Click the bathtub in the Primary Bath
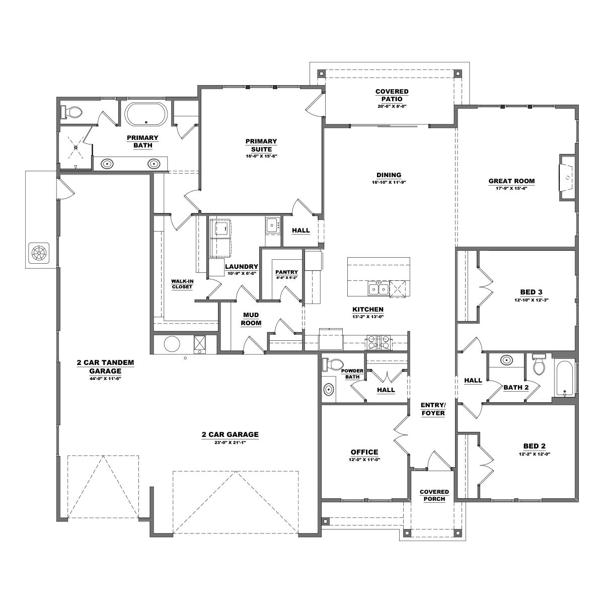tap(146, 114)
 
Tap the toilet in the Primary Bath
tap(71, 112)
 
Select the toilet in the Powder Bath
tap(333, 364)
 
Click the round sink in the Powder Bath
tap(328, 390)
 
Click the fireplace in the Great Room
tap(568, 177)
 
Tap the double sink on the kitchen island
tap(379, 288)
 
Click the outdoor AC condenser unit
tap(39, 253)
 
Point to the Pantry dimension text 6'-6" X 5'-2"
tap(286, 278)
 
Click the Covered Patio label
tap(392, 95)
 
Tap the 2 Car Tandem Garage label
tap(105, 367)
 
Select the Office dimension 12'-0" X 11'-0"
tap(364, 460)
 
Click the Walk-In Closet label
tap(182, 284)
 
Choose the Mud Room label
tap(251, 319)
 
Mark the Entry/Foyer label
tap(433, 409)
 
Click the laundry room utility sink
tap(272, 225)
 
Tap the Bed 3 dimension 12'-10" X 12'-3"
tap(531, 299)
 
